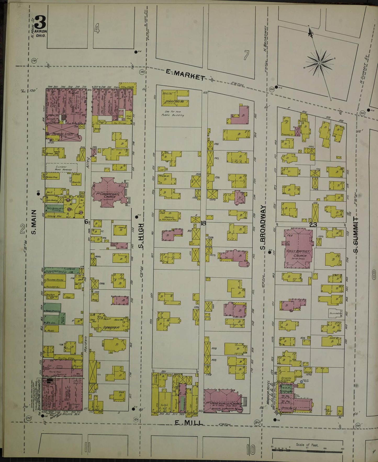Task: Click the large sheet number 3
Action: pos(40,23)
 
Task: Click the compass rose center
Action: pos(320,63)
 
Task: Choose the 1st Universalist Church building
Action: pos(222,401)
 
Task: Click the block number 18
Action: pos(203,223)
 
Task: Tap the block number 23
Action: pos(313,224)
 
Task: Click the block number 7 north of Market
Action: pos(246,55)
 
